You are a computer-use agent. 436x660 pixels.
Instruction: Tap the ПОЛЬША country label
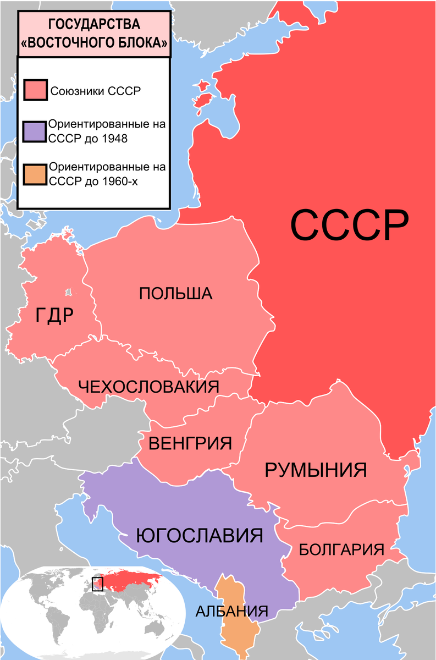[175, 293]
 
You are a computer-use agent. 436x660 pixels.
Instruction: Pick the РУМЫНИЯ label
[316, 470]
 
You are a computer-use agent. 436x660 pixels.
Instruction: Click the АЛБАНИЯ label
[232, 610]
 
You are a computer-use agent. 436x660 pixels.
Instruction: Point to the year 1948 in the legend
[114, 139]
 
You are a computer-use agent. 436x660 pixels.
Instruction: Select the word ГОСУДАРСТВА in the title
[94, 25]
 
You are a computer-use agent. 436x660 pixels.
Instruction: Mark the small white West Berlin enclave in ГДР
[68, 292]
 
